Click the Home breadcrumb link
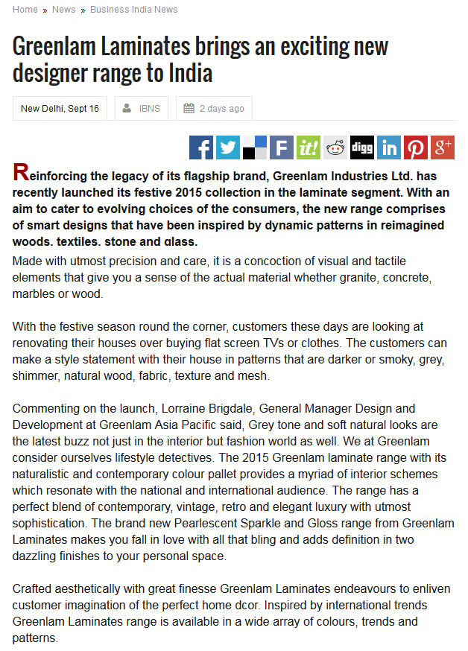point(25,10)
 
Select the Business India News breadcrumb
point(133,10)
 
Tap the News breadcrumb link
point(63,10)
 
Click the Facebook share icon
point(201,147)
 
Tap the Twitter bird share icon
point(228,147)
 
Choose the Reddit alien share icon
point(335,147)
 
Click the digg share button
point(362,147)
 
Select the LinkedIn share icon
point(389,147)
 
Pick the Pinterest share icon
point(416,147)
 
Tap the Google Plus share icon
point(443,147)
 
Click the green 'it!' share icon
point(309,147)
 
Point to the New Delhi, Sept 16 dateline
point(60,109)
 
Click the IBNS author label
point(148,109)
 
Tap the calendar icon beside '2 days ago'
point(189,109)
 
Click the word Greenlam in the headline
point(52,47)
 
